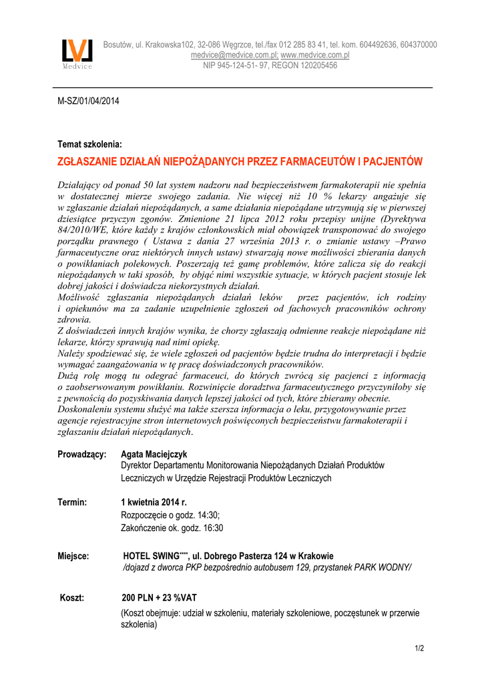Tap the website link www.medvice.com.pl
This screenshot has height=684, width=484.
[315, 55]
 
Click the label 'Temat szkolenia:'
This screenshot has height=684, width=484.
[89, 144]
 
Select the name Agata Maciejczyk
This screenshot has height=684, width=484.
[154, 454]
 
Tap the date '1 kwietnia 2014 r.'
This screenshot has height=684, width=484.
[154, 502]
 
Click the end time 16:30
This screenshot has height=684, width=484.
[211, 528]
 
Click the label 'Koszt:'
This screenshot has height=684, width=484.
[72, 597]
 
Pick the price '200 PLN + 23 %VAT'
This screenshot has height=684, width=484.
[159, 597]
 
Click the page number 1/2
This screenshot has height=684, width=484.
[419, 648]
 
